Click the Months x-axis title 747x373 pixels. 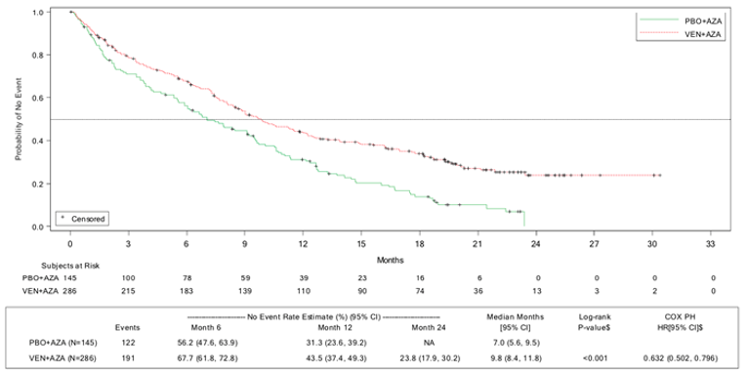click(x=391, y=259)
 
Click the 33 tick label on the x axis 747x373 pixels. click(x=712, y=244)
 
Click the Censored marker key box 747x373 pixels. click(x=82, y=217)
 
